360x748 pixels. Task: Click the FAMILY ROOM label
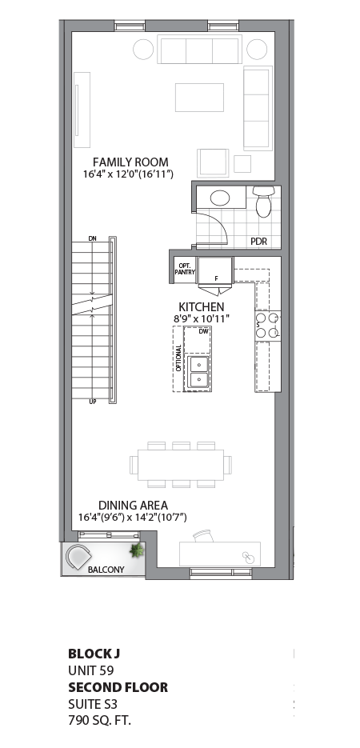point(130,162)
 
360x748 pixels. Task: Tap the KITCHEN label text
point(201,306)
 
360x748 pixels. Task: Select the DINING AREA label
point(133,505)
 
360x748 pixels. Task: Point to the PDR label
point(258,242)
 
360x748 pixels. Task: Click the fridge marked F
point(214,270)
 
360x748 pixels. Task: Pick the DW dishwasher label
point(203,330)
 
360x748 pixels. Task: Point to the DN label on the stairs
point(93,238)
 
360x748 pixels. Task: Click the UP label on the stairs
point(93,402)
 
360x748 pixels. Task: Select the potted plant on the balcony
point(137,550)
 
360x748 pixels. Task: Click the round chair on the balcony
point(79,556)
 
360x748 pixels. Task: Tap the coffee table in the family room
point(199,97)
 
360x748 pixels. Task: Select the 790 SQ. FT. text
point(99,720)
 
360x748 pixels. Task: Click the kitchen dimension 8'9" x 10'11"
point(202,318)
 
